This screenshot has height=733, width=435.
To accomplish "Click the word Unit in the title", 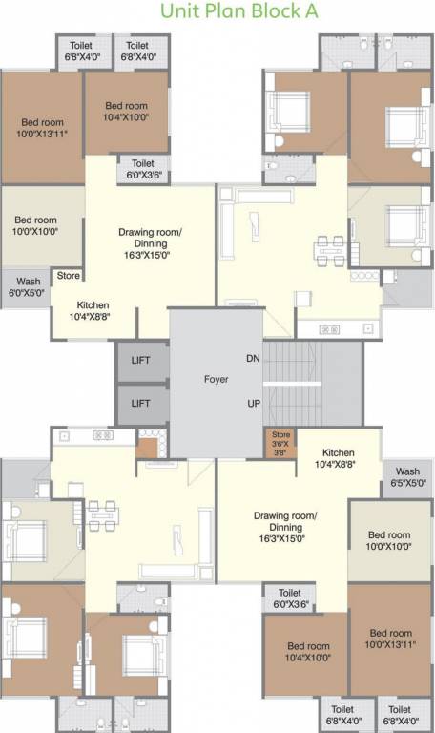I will (x=182, y=12).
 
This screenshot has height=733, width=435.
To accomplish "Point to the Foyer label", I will (x=216, y=379).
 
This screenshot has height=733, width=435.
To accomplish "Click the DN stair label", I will (x=253, y=358).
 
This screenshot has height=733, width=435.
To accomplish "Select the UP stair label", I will (x=254, y=403).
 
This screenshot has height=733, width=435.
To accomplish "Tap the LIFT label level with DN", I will (x=141, y=359).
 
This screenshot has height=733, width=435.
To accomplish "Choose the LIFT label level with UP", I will (x=141, y=404).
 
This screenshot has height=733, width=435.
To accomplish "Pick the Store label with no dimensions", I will (x=68, y=276).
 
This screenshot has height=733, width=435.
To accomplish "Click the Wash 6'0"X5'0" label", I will (x=29, y=287).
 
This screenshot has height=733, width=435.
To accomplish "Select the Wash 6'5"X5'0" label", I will (x=407, y=477).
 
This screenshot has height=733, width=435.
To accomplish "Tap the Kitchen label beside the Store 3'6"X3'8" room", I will (x=339, y=458).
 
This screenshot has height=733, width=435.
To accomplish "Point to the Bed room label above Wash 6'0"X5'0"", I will (x=35, y=224).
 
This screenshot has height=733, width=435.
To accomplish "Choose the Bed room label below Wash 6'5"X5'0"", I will (x=389, y=540).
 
